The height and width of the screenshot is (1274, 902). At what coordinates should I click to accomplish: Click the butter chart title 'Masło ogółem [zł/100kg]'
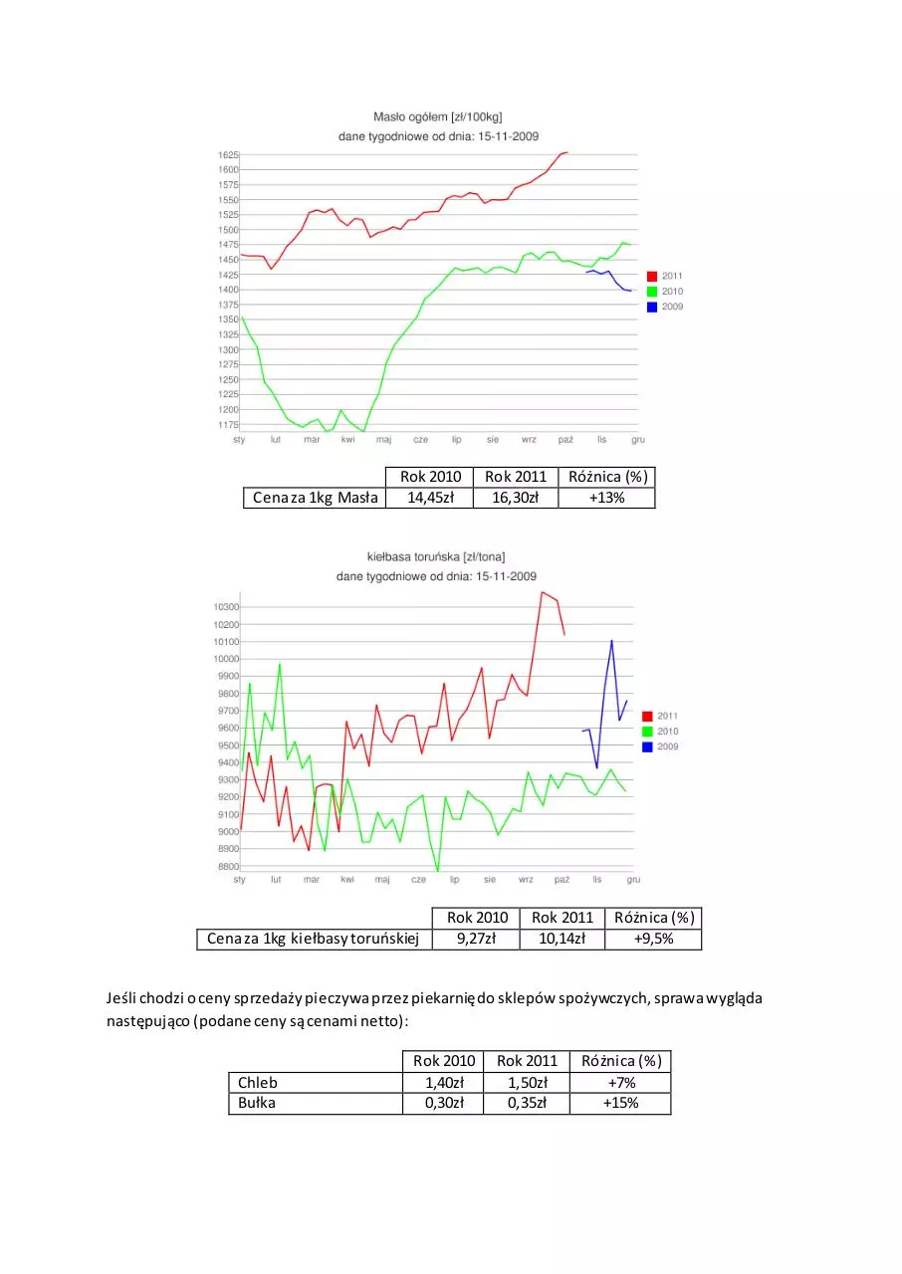(437, 117)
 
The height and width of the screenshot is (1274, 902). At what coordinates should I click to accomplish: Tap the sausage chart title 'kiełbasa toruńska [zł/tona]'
(436, 556)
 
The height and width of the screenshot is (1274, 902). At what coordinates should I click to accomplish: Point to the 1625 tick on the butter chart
(228, 154)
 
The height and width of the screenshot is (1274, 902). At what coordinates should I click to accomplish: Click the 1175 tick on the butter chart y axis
(228, 425)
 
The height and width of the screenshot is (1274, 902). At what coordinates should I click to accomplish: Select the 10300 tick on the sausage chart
(226, 607)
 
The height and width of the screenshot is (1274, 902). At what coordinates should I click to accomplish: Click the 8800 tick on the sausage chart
(228, 866)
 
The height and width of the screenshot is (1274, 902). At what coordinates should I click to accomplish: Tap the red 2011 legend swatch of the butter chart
(652, 277)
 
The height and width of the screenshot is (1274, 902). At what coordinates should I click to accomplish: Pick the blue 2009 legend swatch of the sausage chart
(647, 746)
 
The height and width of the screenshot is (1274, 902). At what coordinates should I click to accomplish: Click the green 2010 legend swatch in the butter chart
(652, 292)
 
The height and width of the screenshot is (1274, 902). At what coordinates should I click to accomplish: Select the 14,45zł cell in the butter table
(430, 498)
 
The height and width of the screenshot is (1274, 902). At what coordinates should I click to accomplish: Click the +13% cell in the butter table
(607, 498)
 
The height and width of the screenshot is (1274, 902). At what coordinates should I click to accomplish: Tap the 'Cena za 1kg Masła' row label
(315, 498)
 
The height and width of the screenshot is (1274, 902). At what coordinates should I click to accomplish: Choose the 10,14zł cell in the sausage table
(562, 939)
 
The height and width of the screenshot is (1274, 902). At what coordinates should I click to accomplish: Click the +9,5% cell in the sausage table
(653, 939)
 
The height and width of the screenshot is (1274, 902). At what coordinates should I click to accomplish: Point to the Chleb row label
(258, 1082)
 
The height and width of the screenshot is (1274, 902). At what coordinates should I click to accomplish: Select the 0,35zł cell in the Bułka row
(527, 1103)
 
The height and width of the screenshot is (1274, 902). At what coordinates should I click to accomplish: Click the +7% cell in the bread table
(621, 1082)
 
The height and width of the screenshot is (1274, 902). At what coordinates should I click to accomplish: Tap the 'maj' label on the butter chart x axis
(384, 440)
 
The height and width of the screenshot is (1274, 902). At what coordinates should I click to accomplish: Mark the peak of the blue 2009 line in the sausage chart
(611, 640)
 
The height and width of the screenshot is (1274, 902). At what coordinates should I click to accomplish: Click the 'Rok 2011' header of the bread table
(527, 1061)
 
